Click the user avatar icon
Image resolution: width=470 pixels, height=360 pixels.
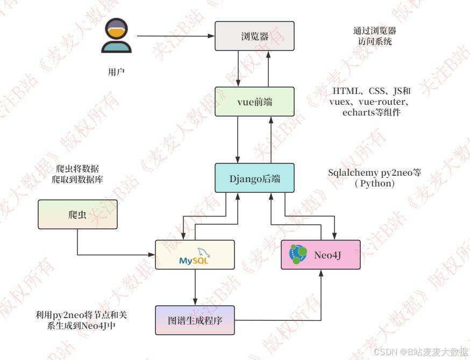(116, 36)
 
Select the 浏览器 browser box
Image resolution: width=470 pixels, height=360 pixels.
(254, 36)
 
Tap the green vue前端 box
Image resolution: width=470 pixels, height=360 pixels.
(254, 102)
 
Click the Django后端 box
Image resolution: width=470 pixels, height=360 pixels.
(254, 178)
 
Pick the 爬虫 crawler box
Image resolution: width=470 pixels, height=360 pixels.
(77, 214)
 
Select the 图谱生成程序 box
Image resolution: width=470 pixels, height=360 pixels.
(195, 320)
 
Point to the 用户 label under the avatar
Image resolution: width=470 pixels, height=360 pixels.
(116, 71)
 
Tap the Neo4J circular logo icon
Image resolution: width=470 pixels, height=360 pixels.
(298, 254)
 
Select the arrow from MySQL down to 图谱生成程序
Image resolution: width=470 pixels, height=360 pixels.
(195, 287)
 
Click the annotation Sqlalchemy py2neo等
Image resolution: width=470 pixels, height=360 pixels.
(374, 173)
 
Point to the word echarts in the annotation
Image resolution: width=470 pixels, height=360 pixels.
(358, 112)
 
